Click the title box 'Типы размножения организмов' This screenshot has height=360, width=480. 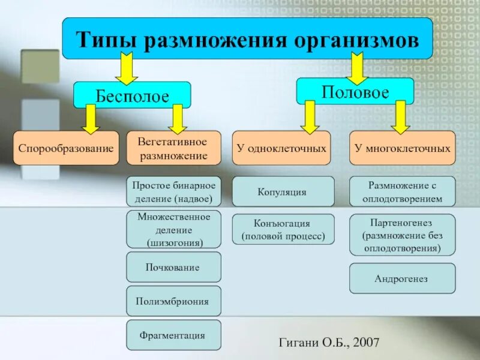(247, 38)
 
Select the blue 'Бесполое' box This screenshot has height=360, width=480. (132, 95)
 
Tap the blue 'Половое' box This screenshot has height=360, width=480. (355, 91)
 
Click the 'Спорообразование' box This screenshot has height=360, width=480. (65, 148)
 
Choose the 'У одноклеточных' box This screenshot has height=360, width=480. (281, 148)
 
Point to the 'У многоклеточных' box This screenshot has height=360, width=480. (402, 148)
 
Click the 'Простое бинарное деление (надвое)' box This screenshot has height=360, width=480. (173, 191)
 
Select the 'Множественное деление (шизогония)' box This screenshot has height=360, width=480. (173, 229)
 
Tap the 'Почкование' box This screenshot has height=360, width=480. (173, 267)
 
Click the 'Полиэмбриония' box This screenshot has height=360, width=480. (173, 301)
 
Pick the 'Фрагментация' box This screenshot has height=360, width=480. (173, 335)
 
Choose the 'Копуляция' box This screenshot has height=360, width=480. (283, 192)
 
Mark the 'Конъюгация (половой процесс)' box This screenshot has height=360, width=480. (283, 229)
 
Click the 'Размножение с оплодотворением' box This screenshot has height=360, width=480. (402, 191)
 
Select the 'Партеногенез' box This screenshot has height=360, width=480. (402, 234)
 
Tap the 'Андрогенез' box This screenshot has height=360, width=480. (402, 278)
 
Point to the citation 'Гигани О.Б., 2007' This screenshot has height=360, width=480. (329, 342)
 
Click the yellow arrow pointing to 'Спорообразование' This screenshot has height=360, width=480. (91, 118)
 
